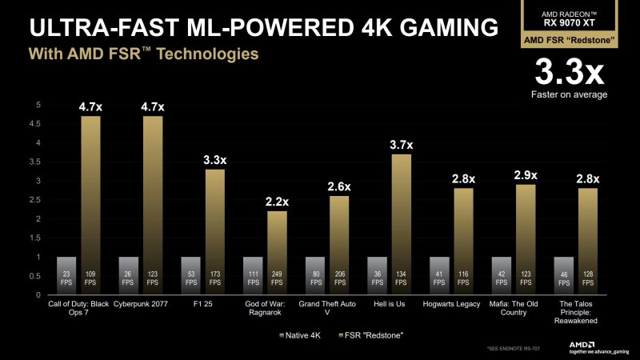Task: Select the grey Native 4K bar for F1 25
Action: [x=191, y=275]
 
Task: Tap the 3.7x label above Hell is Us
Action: [x=402, y=145]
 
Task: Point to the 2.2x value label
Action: [x=277, y=202]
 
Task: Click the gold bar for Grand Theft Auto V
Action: [x=339, y=240]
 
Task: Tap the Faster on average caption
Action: [x=569, y=94]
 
